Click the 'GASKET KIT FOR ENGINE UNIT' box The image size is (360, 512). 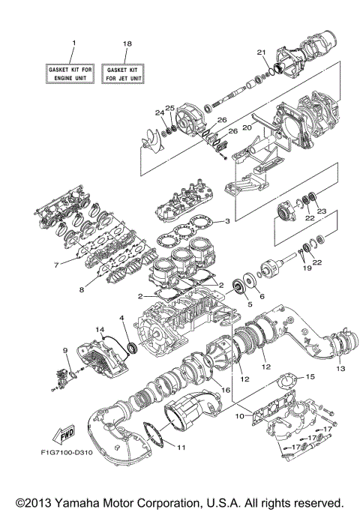[73, 72]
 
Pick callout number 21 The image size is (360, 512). [262, 52]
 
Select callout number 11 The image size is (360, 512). [180, 448]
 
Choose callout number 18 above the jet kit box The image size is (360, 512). [127, 44]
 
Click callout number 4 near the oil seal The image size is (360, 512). [121, 319]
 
